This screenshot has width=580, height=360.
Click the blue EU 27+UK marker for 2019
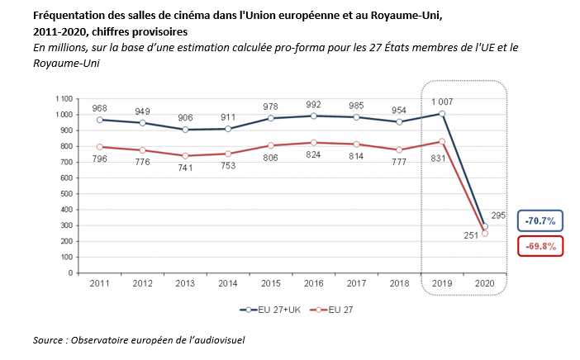pyautogui.click(x=442, y=114)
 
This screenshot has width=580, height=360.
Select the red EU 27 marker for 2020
pyautogui.click(x=485, y=234)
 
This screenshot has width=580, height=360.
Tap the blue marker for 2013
pyautogui.click(x=185, y=130)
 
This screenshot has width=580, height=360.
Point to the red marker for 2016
pyautogui.click(x=313, y=143)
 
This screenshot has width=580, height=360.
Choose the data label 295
pyautogui.click(x=498, y=216)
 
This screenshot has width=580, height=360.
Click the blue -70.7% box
pyautogui.click(x=540, y=220)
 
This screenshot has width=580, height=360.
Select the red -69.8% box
pyautogui.click(x=540, y=246)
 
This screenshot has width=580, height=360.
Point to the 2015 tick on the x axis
pyautogui.click(x=271, y=284)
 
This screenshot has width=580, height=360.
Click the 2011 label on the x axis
pyautogui.click(x=100, y=284)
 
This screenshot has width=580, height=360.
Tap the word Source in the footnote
pyautogui.click(x=52, y=339)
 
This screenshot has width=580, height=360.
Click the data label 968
pyautogui.click(x=101, y=108)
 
